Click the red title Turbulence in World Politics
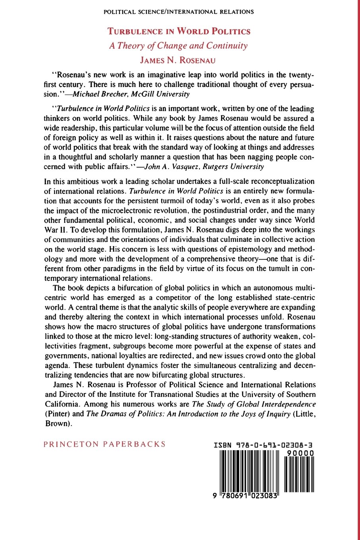(x=180, y=31)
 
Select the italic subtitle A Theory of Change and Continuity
(x=178, y=46)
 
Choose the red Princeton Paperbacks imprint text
(x=105, y=444)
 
